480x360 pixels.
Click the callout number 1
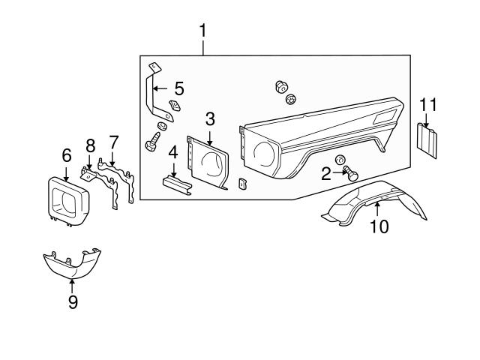(x=202, y=32)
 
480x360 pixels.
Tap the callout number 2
(x=326, y=175)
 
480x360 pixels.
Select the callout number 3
(x=210, y=118)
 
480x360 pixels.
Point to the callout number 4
(x=172, y=152)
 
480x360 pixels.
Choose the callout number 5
(x=179, y=86)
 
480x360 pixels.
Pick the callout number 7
(x=113, y=141)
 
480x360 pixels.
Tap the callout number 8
(x=90, y=144)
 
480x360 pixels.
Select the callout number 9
(x=73, y=301)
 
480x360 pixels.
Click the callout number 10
(x=379, y=226)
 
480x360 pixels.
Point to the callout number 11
(x=427, y=104)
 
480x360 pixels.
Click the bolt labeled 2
(x=351, y=174)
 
